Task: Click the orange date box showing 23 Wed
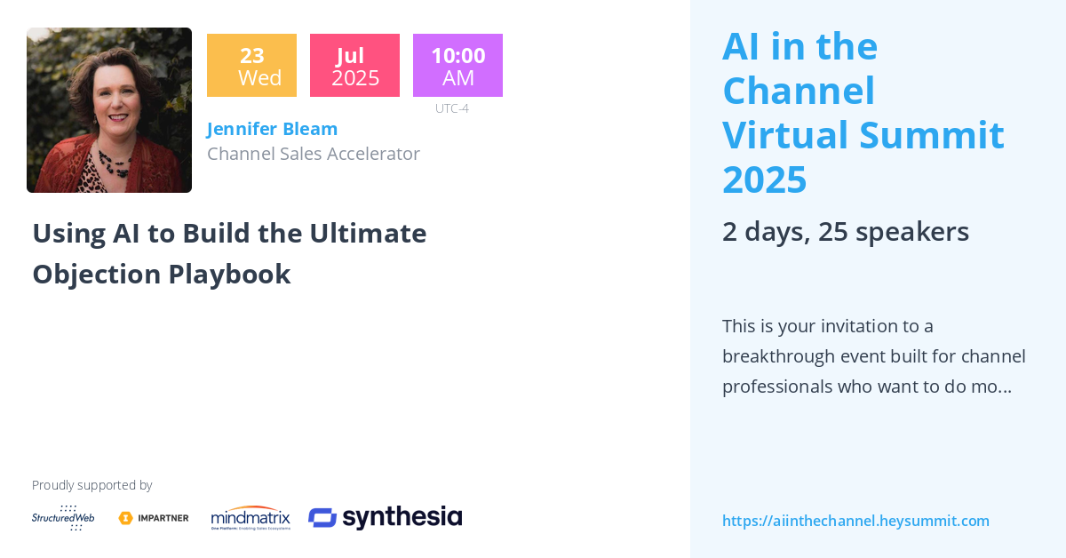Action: pos(251,66)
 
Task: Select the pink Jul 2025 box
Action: pos(354,66)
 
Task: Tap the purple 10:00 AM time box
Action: pos(457,66)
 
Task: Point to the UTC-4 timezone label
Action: pos(451,108)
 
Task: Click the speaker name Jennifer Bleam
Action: pos(272,129)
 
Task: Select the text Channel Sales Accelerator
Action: pos(313,154)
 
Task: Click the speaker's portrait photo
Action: pos(109,109)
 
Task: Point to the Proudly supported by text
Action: pos(91,485)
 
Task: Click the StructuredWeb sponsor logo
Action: pos(63,518)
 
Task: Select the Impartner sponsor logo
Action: pos(154,518)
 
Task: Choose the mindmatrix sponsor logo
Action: pos(251,518)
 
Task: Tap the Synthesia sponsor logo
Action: pos(385,518)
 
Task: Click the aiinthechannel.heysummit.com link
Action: pos(855,521)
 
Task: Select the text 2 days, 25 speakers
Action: pos(845,232)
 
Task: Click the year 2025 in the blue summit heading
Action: pos(764,179)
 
